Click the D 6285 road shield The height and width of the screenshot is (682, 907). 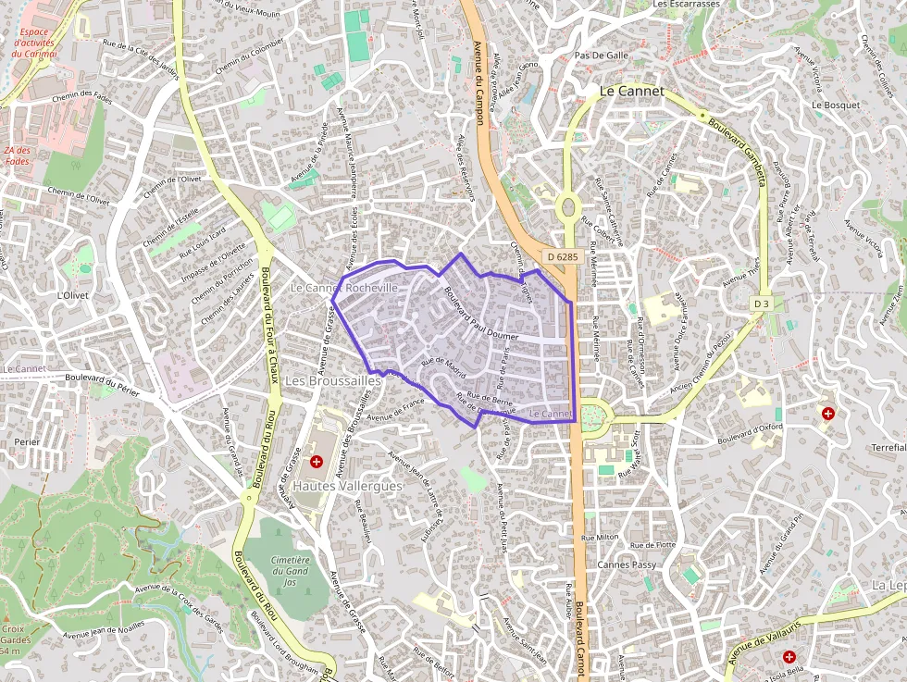(562, 256)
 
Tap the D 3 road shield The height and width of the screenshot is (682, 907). (761, 304)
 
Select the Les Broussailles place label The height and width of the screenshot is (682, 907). (333, 381)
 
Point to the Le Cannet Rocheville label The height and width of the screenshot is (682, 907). (344, 288)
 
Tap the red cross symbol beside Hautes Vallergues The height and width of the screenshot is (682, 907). (317, 461)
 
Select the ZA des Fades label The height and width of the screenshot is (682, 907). (17, 155)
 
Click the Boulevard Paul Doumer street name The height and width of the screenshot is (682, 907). (481, 315)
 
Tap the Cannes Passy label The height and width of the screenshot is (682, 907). (627, 564)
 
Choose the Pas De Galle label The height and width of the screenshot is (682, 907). (602, 55)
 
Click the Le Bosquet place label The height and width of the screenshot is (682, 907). (836, 105)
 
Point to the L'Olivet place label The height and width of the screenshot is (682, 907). (71, 295)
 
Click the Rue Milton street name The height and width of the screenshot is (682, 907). (600, 537)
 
